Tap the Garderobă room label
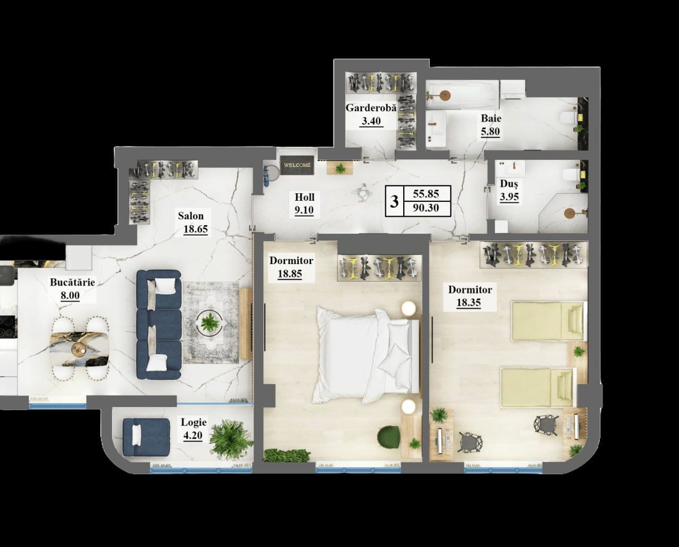[371, 108]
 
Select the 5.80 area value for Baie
[490, 131]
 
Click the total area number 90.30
[426, 208]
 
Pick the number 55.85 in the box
[426, 193]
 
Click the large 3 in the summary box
[394, 201]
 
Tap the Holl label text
[304, 197]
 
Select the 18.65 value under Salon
[196, 229]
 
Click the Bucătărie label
[72, 282]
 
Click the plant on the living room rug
[210, 322]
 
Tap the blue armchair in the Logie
[146, 437]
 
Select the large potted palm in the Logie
[231, 440]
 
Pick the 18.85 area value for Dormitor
[290, 273]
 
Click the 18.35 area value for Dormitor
[468, 302]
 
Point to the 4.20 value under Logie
[193, 435]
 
